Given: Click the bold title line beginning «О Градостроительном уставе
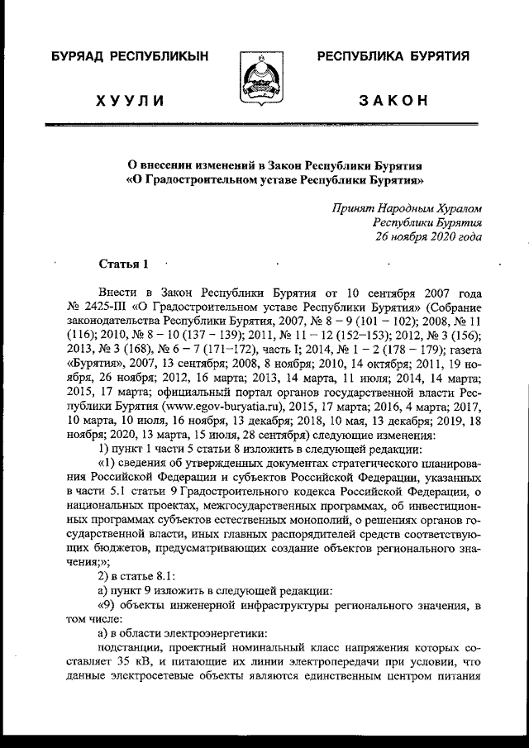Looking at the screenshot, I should (264, 178).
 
